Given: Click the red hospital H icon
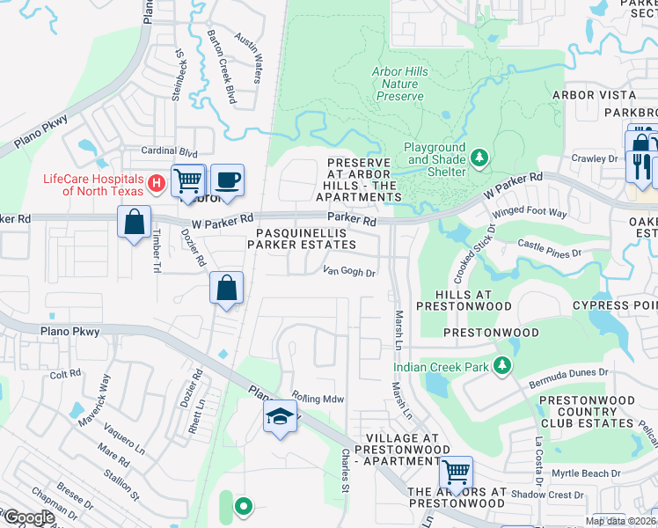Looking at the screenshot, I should (x=156, y=183).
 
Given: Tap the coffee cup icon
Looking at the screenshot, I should (x=227, y=180).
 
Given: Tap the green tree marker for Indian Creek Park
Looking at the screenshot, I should (x=502, y=365).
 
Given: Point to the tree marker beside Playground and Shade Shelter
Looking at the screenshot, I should (x=479, y=158).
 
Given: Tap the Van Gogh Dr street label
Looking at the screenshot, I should (x=349, y=272).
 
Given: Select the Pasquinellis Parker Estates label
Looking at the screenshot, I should (x=305, y=238).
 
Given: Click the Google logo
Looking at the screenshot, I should (x=28, y=517).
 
